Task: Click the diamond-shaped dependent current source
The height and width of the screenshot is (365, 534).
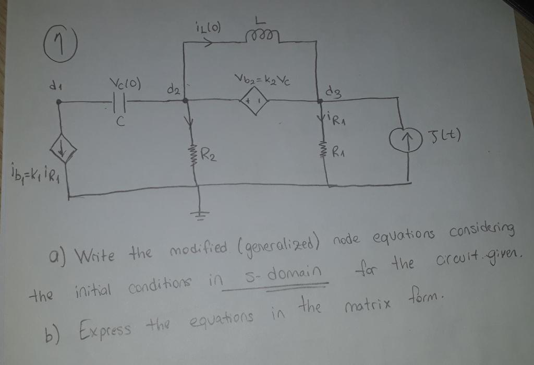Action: coord(62,153)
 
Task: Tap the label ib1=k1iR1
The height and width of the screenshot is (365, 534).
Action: coord(32,171)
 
